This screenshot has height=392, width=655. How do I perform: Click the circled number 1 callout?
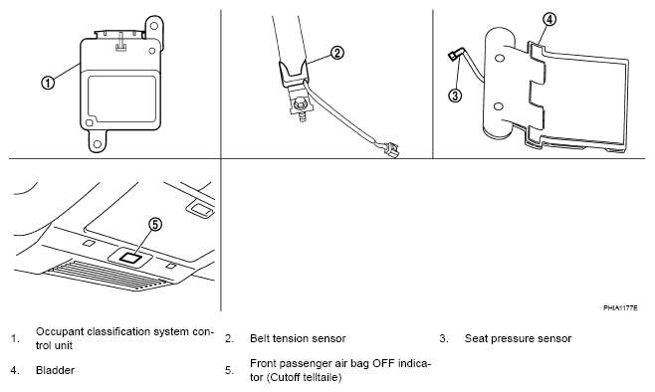[48, 83]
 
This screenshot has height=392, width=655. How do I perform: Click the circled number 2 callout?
[337, 53]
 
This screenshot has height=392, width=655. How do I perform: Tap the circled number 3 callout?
[455, 96]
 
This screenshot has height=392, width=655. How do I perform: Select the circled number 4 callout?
[549, 19]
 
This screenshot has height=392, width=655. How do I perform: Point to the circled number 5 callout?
[155, 225]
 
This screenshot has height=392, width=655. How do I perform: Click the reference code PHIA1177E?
[620, 308]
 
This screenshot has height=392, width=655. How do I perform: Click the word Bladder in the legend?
[55, 370]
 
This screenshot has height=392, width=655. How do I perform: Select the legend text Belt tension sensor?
[298, 338]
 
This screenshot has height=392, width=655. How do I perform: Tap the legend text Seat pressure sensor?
[518, 338]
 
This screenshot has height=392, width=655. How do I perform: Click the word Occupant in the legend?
[56, 332]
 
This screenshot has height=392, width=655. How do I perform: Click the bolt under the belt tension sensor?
[300, 104]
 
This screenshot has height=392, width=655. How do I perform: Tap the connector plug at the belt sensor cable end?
[391, 148]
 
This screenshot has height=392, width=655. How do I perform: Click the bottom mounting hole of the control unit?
[98, 144]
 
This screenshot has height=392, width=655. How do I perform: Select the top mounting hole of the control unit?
[153, 26]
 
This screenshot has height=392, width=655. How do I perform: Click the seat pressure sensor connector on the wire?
[453, 55]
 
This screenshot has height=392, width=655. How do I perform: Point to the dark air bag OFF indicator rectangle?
[130, 258]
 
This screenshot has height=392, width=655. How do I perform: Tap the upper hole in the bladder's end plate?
[499, 58]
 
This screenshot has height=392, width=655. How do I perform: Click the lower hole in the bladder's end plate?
[498, 106]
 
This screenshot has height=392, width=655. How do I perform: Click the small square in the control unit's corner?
[89, 122]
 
